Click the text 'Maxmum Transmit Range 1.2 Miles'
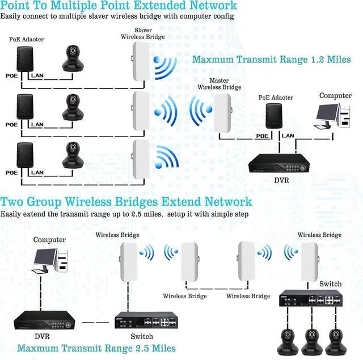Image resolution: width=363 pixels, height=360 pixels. (x=271, y=60)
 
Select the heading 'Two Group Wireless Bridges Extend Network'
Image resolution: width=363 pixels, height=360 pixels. (x=126, y=202)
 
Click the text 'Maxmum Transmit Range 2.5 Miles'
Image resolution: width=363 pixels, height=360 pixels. (x=96, y=348)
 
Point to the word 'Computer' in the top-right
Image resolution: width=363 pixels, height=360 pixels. (x=335, y=96)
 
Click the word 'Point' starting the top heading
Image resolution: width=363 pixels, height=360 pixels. (x=19, y=6)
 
